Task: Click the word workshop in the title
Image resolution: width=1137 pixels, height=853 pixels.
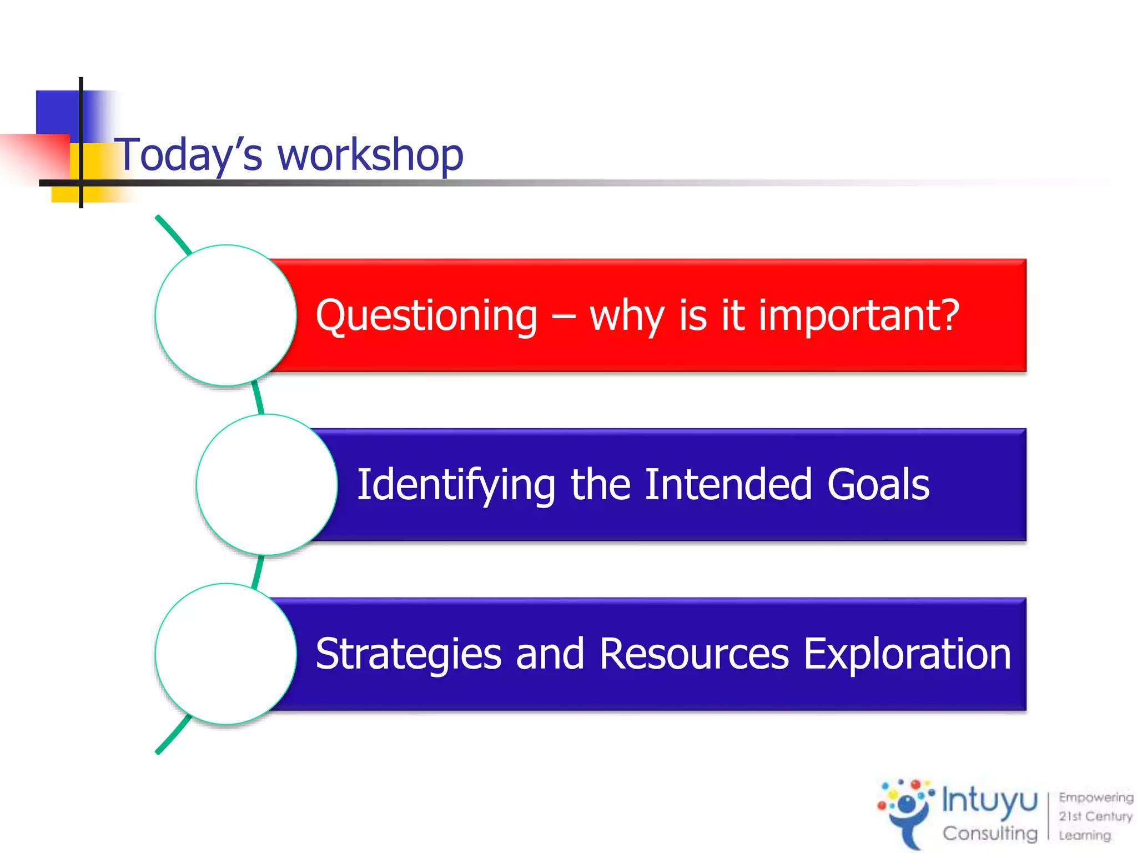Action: tap(370, 155)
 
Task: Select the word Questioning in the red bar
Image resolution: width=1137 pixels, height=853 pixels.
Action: tap(426, 315)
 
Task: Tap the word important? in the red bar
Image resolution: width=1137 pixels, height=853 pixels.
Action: tap(859, 315)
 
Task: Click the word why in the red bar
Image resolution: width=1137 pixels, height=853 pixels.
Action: tap(627, 315)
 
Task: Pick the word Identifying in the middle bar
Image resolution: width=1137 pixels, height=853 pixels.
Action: tap(456, 485)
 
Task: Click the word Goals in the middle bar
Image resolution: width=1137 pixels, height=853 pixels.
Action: tap(878, 485)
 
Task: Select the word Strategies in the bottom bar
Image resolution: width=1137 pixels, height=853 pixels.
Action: tap(409, 654)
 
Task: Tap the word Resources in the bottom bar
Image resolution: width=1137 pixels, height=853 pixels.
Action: tap(694, 654)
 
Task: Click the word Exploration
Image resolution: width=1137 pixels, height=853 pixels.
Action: tap(907, 654)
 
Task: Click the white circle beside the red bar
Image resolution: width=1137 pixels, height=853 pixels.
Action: tap(226, 315)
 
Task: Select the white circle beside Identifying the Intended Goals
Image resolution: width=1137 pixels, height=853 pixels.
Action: tap(267, 485)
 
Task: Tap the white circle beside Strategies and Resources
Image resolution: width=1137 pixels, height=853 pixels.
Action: tap(226, 654)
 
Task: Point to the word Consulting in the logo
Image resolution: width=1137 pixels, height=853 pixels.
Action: tap(990, 833)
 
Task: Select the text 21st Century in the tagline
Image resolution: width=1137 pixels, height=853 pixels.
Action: tap(1095, 816)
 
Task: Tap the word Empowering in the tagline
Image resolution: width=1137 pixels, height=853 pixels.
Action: tap(1095, 797)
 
